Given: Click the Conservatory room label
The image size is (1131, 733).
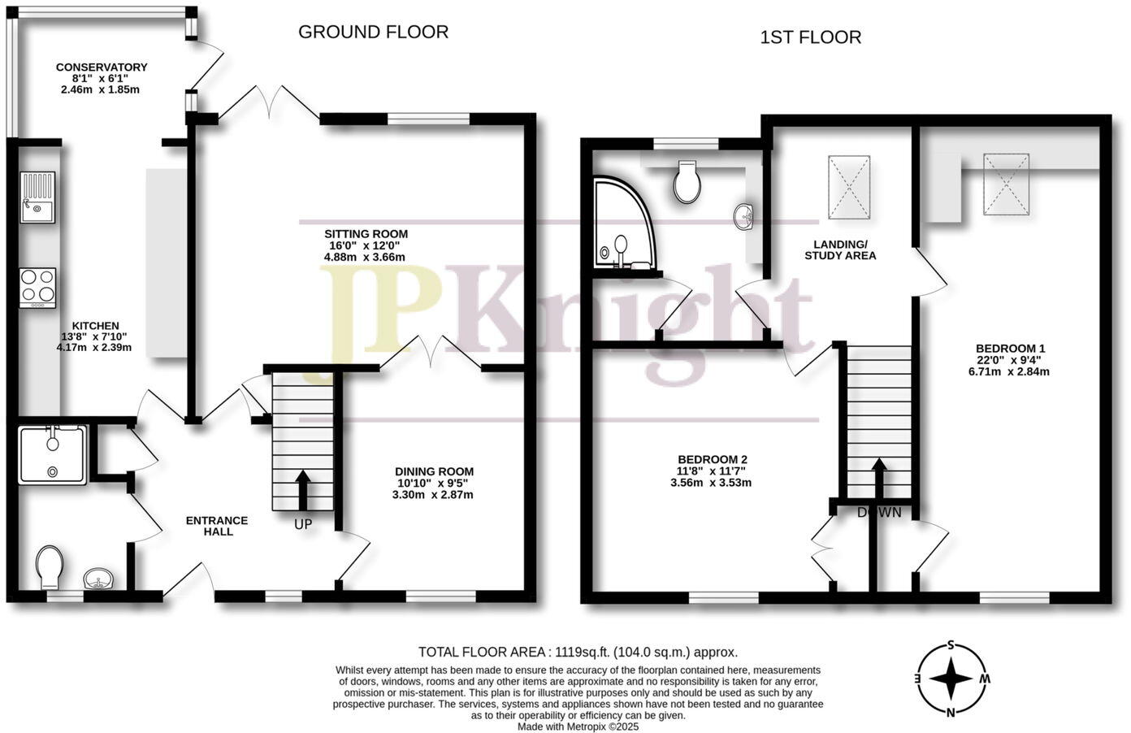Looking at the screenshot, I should (102, 67).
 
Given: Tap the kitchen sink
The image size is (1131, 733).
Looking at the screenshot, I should (38, 197).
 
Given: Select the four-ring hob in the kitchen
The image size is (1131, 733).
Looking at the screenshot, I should (38, 288).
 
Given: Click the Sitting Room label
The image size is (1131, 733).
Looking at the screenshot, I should (364, 234).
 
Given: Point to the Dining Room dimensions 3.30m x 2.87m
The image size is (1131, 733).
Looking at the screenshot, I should (433, 494).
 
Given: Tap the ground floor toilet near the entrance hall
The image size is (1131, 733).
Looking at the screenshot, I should (50, 566).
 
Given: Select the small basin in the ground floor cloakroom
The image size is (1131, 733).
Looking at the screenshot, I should (99, 579).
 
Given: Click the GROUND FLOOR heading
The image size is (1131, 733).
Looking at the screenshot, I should (373, 32).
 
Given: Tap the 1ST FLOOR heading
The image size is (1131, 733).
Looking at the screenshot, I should (810, 37).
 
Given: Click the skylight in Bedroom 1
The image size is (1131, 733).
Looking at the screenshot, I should (1007, 184).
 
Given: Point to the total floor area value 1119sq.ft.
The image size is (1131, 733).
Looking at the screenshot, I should (581, 652).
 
